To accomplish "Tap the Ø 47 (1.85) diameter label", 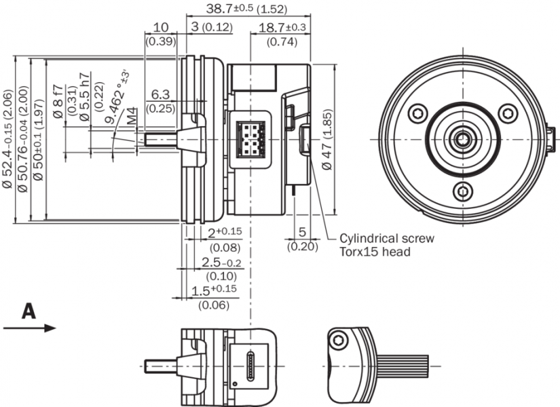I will tap(329, 138).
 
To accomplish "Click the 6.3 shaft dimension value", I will tap(160, 94).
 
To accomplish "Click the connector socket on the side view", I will tap(250, 138).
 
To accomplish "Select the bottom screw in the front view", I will tap(463, 191).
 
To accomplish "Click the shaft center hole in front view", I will tap(463, 139).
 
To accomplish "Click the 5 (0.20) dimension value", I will tap(302, 233).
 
